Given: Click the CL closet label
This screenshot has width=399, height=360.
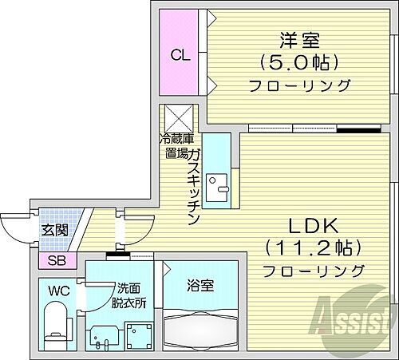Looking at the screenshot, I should point(180,56).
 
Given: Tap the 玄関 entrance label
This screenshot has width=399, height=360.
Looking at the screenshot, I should point(55,229).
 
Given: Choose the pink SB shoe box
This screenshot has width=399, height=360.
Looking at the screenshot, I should point(57,260).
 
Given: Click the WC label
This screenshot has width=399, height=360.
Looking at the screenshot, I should point(56,291).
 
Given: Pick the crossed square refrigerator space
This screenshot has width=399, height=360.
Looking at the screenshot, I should point(175,119).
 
